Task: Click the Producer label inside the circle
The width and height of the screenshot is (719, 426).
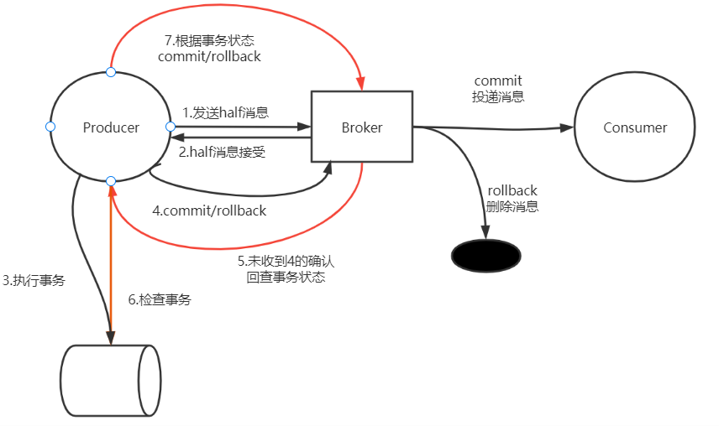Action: click(x=111, y=127)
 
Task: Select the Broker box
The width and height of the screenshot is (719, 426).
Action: click(x=362, y=127)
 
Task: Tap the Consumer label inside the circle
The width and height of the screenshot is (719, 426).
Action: click(x=635, y=127)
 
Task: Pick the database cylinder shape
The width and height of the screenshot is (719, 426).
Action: click(x=110, y=379)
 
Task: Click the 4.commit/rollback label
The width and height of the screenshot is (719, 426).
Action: click(x=209, y=210)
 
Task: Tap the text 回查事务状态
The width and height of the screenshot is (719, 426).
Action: click(x=286, y=278)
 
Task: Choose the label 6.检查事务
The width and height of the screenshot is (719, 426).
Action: click(x=160, y=299)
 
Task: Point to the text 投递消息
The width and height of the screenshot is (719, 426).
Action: click(x=498, y=96)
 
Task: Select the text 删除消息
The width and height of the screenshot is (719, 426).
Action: click(x=512, y=206)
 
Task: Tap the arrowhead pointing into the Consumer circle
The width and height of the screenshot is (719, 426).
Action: click(x=567, y=128)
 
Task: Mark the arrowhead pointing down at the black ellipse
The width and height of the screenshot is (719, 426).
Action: click(x=485, y=236)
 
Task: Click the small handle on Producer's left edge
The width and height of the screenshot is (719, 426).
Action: click(x=50, y=127)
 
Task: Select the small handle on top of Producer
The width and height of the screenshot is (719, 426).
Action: click(x=111, y=72)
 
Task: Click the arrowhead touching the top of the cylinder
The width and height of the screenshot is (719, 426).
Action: click(x=110, y=335)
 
